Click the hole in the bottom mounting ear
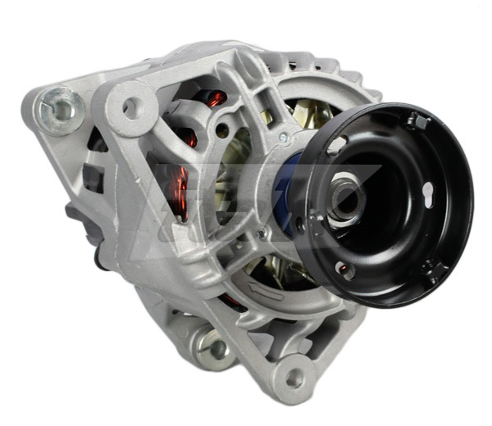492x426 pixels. (293, 378)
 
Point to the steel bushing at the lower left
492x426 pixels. (217, 349)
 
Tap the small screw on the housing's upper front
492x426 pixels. (283, 138)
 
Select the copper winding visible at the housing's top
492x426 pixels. (215, 99)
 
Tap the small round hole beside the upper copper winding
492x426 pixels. (222, 130)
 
